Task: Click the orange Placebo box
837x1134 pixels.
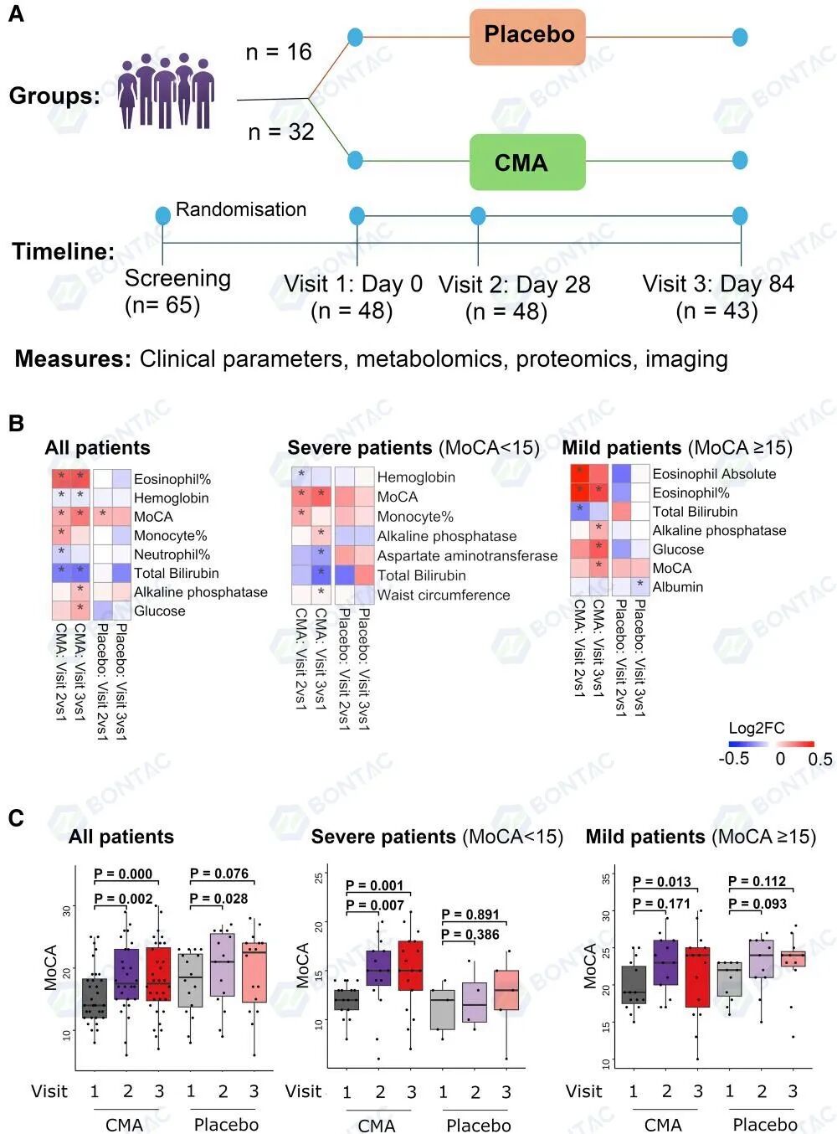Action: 527,37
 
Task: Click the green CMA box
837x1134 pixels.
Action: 527,162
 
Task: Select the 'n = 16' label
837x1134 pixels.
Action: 278,52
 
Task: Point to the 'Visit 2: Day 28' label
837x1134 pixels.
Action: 514,285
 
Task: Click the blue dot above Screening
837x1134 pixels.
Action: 163,215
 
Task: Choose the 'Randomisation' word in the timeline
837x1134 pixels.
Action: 241,209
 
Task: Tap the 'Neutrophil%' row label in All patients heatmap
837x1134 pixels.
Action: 172,554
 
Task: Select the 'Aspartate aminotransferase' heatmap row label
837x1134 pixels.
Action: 467,556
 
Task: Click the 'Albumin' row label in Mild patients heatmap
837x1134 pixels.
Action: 677,587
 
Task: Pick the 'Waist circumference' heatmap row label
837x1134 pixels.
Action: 444,595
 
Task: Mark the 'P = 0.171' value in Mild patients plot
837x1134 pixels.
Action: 661,904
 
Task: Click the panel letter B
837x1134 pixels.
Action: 16,424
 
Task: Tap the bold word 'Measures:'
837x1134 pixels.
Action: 73,359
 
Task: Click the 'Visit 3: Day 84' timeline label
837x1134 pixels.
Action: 717,284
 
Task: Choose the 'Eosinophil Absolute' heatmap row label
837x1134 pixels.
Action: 714,474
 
